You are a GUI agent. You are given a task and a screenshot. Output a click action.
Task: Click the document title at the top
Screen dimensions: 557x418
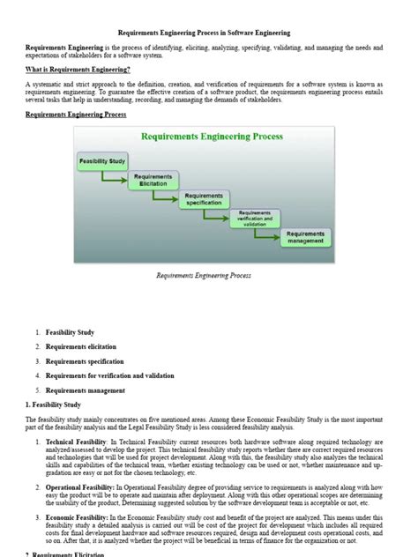pyautogui.click(x=209, y=33)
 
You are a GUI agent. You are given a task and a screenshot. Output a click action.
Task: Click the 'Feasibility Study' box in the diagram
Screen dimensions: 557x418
pyautogui.click(x=102, y=161)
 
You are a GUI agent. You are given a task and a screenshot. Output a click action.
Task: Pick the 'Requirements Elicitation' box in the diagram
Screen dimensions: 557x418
pyautogui.click(x=153, y=180)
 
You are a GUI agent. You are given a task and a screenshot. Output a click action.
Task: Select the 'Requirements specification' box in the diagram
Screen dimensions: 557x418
pyautogui.click(x=204, y=199)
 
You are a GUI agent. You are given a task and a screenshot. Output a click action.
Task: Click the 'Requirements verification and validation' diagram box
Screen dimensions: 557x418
pyautogui.click(x=255, y=218)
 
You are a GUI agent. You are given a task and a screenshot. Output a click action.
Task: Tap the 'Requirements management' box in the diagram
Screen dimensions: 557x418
pyautogui.click(x=305, y=237)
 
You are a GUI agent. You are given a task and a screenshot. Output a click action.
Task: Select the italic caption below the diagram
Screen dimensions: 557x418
pyautogui.click(x=204, y=275)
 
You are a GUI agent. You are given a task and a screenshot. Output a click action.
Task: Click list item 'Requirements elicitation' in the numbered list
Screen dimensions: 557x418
pyautogui.click(x=80, y=347)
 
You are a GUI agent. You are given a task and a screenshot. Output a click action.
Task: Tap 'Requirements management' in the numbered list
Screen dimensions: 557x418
pyautogui.click(x=85, y=390)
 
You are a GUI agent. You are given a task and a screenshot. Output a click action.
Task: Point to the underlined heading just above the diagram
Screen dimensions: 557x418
pyautogui.click(x=76, y=115)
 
